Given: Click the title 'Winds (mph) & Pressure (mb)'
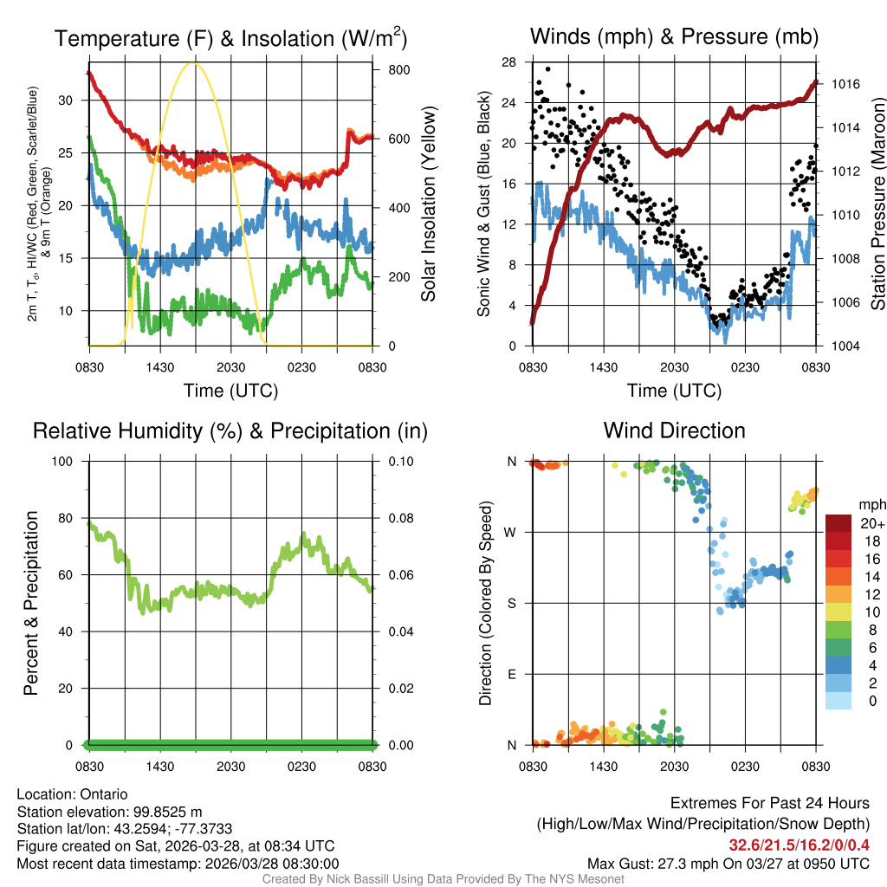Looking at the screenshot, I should tap(674, 37).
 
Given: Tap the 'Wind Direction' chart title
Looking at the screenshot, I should tap(674, 431).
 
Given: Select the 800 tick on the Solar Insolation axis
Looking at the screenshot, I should tap(386, 69).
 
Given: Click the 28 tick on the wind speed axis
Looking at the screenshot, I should tap(509, 62).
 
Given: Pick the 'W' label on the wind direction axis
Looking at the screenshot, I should tap(512, 532).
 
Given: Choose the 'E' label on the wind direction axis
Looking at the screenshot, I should tap(512, 674).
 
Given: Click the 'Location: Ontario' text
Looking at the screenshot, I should tap(72, 793).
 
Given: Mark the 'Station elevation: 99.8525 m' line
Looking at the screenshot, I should tap(109, 812).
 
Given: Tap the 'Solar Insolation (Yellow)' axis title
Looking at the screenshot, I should tap(428, 204).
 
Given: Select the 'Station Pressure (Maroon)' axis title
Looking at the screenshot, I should tap(877, 204).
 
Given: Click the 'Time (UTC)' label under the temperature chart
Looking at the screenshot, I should tap(230, 392).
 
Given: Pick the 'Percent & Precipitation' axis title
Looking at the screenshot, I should tap(30, 603).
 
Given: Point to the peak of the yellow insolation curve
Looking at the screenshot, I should tap(194, 62).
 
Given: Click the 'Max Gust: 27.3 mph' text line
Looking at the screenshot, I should tap(728, 863).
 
